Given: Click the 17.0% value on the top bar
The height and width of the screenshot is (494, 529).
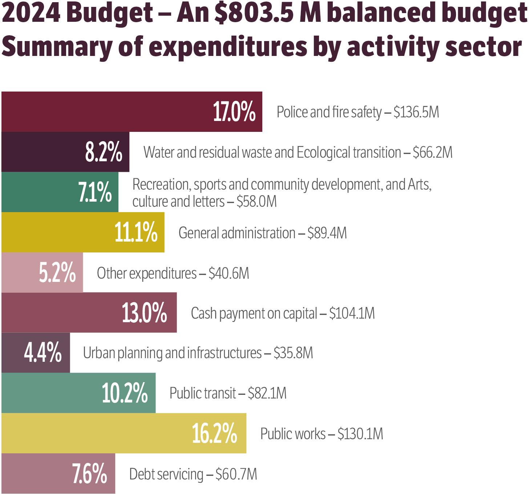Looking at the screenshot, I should pos(234,112).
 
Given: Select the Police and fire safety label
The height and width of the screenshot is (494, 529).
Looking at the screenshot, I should pos(329,112).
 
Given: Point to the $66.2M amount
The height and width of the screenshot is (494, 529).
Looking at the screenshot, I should pos(433,153).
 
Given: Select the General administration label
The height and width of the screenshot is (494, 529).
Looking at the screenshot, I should pos(237,233).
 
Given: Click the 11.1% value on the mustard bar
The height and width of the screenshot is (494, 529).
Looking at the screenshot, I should pos(136,232).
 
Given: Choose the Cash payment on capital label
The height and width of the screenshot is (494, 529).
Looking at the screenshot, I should pos(254,313).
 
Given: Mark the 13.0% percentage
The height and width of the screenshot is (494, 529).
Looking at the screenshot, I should pos(144,313).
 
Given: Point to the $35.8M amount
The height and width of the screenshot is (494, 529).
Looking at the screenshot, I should pos(293,353).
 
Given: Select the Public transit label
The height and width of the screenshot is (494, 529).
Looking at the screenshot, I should pos(203,393).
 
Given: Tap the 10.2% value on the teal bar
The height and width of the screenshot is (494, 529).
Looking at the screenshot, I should pos(125,393).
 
